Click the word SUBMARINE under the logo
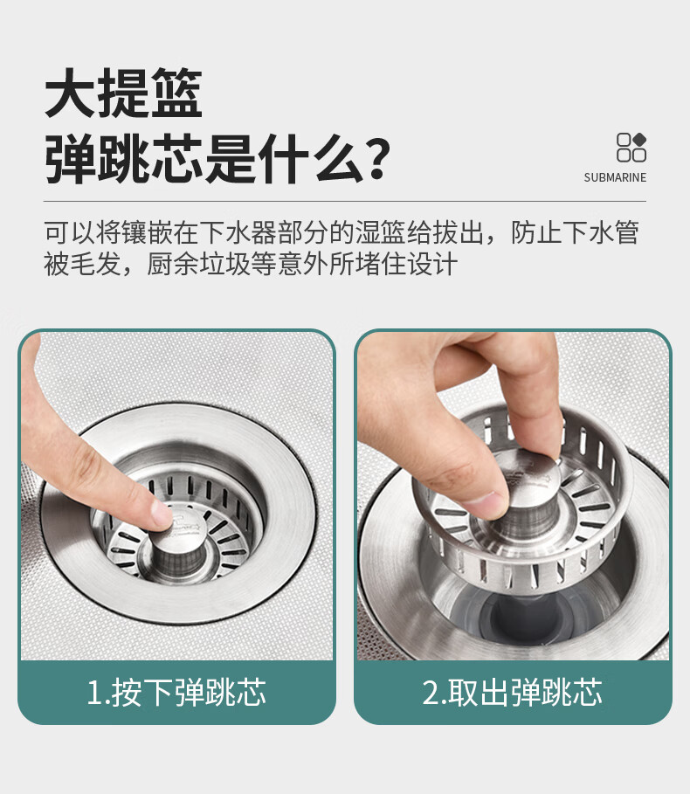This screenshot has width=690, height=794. [615, 177]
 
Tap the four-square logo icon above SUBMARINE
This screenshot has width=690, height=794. [631, 147]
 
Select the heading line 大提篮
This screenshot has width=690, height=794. [123, 93]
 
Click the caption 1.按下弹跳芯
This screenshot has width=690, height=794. [176, 692]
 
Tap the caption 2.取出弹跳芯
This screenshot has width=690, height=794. [513, 692]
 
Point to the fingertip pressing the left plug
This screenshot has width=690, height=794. [160, 514]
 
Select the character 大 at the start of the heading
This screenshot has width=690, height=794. [70, 93]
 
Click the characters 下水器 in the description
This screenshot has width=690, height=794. [238, 232]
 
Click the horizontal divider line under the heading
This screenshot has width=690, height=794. [345, 202]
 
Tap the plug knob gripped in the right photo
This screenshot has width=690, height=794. [528, 494]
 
